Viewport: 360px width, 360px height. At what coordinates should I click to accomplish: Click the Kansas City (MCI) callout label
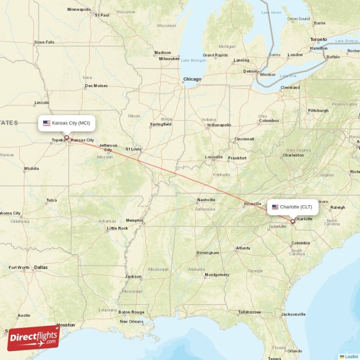point(67,123)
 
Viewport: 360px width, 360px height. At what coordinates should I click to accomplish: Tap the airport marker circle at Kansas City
point(67,138)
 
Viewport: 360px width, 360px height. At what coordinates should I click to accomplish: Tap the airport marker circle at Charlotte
point(292,221)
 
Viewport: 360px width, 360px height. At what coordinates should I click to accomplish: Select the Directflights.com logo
point(33,337)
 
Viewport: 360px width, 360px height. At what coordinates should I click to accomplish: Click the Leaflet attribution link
point(351,356)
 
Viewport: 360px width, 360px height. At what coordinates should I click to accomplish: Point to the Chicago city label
point(192,79)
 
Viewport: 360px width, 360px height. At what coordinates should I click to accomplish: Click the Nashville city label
point(206,200)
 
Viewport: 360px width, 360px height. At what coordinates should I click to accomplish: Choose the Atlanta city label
point(243,248)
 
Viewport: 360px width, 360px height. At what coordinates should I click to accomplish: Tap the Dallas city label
point(40,267)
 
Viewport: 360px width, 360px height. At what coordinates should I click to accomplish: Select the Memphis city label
point(135,220)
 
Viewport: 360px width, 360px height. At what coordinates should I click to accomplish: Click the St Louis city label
point(134,148)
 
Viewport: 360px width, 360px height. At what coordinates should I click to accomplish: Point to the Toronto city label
point(319,40)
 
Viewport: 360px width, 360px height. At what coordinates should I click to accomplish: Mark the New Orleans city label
point(131,321)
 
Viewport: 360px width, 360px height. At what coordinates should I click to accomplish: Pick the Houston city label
point(66,324)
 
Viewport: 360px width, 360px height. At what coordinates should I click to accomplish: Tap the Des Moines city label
point(96,85)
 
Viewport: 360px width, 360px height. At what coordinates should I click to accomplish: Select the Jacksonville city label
point(293,314)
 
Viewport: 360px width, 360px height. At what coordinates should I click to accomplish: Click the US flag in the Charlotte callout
point(275,207)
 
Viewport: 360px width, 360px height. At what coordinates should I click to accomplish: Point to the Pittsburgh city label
point(318,110)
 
